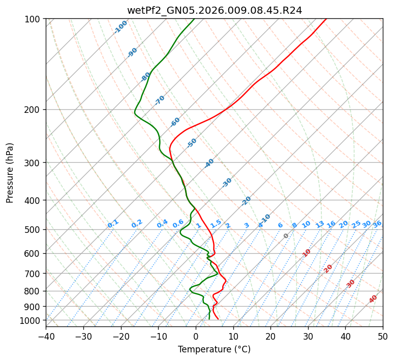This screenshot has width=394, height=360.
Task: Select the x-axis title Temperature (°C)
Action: [x=214, y=350]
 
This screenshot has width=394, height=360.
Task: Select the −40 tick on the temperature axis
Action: [x=46, y=336]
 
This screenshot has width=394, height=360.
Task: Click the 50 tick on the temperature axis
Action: [x=383, y=336]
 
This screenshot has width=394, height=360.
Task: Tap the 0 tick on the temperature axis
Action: [x=196, y=336]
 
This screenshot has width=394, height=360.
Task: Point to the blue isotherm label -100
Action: [x=120, y=27]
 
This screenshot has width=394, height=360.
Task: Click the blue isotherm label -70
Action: [x=160, y=100]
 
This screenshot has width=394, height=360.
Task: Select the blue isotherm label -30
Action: [x=227, y=183]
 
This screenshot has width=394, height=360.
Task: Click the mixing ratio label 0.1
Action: [x=113, y=223]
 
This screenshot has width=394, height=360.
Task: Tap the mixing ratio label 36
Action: [x=377, y=224]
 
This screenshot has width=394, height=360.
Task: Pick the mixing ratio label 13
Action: [x=320, y=224]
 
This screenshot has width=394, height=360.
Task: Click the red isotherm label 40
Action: [x=373, y=299]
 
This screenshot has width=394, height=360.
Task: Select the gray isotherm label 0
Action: [x=286, y=236]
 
